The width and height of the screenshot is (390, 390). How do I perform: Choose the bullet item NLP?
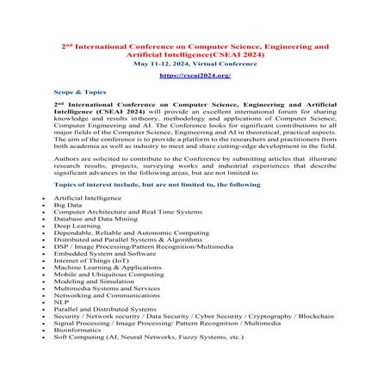pos(61,302)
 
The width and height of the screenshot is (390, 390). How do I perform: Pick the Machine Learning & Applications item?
pos(107,268)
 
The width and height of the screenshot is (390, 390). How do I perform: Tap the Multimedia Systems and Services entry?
pos(107,288)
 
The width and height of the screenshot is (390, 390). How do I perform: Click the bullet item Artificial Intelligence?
pos(87,198)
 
